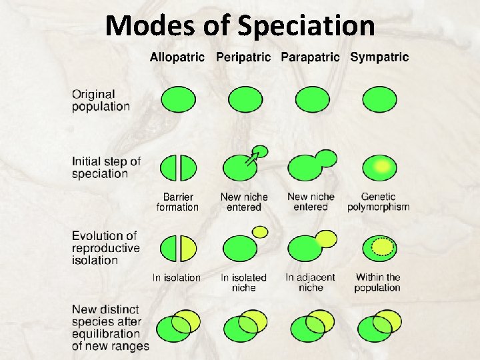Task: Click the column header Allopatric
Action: [x=177, y=57]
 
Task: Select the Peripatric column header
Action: [x=243, y=57]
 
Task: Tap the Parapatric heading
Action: [x=310, y=57]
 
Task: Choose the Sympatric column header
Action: [x=379, y=57]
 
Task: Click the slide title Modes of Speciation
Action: [x=240, y=27]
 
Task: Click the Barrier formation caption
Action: [x=177, y=201]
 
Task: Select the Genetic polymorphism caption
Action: [x=378, y=201]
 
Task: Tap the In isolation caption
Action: [x=177, y=277]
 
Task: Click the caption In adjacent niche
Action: [x=310, y=282]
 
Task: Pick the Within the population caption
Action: [x=377, y=282]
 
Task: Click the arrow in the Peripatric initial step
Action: [x=252, y=157]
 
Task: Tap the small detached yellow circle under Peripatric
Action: [x=261, y=231]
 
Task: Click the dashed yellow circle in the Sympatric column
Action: [x=382, y=247]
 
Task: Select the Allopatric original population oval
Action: [x=178, y=100]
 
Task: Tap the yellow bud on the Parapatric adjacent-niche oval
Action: [x=326, y=238]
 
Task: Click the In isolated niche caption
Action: [x=243, y=282]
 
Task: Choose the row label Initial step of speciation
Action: [x=107, y=167]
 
